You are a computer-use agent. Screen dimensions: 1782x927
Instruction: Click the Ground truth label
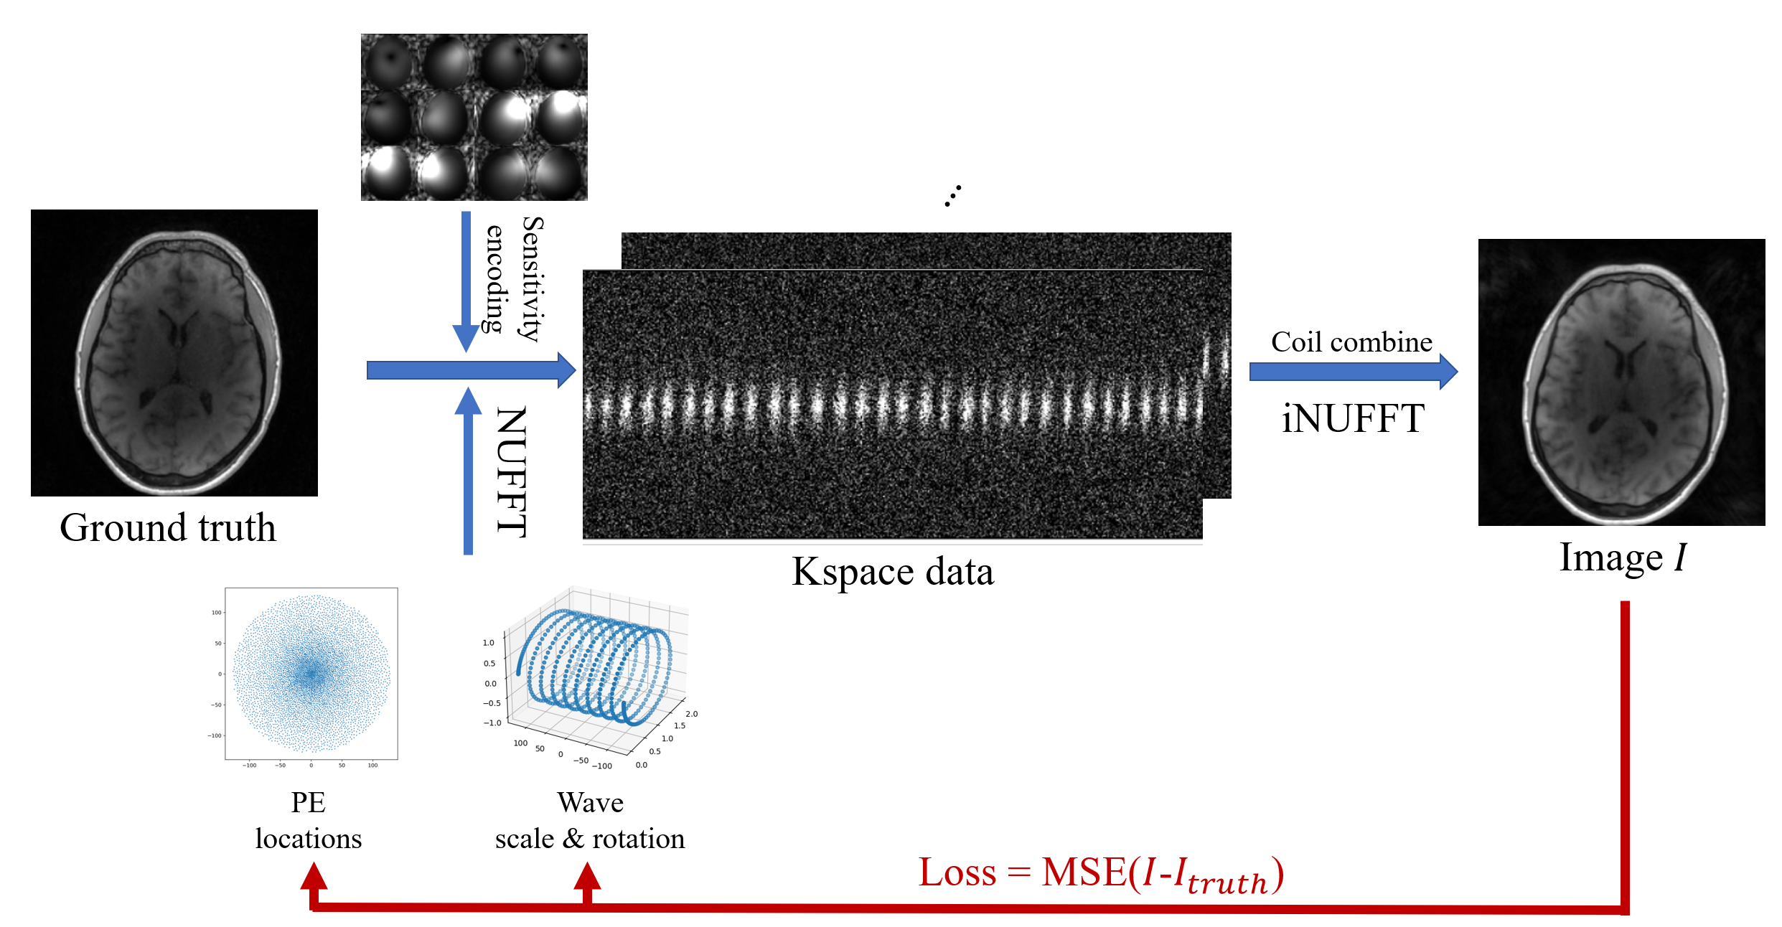coord(167,528)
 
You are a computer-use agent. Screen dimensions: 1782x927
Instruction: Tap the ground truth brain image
coord(174,352)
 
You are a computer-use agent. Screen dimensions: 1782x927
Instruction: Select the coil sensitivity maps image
coord(474,117)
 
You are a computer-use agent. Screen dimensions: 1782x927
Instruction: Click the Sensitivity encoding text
coord(515,278)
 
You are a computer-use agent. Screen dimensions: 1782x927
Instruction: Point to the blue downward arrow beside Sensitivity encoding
coord(466,280)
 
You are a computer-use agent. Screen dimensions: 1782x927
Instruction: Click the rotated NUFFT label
coord(512,471)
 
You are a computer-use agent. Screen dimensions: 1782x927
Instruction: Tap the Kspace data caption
coord(892,572)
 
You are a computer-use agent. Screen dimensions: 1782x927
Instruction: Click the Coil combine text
coord(1351,342)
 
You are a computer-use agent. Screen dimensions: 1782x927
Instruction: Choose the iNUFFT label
coord(1353,418)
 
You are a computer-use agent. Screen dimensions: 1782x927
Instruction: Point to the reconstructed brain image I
coord(1621,382)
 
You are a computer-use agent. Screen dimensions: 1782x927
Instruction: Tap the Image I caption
coord(1622,557)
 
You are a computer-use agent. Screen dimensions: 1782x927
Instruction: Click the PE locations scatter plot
coord(311,674)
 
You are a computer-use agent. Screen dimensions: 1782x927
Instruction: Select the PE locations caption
coord(309,820)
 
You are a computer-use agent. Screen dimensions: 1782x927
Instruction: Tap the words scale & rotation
coord(590,839)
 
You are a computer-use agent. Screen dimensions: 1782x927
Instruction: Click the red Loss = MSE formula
coord(1101,874)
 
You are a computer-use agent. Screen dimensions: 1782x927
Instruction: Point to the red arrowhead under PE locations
coord(314,877)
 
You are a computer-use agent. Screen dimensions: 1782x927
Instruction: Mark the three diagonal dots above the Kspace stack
coord(953,195)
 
